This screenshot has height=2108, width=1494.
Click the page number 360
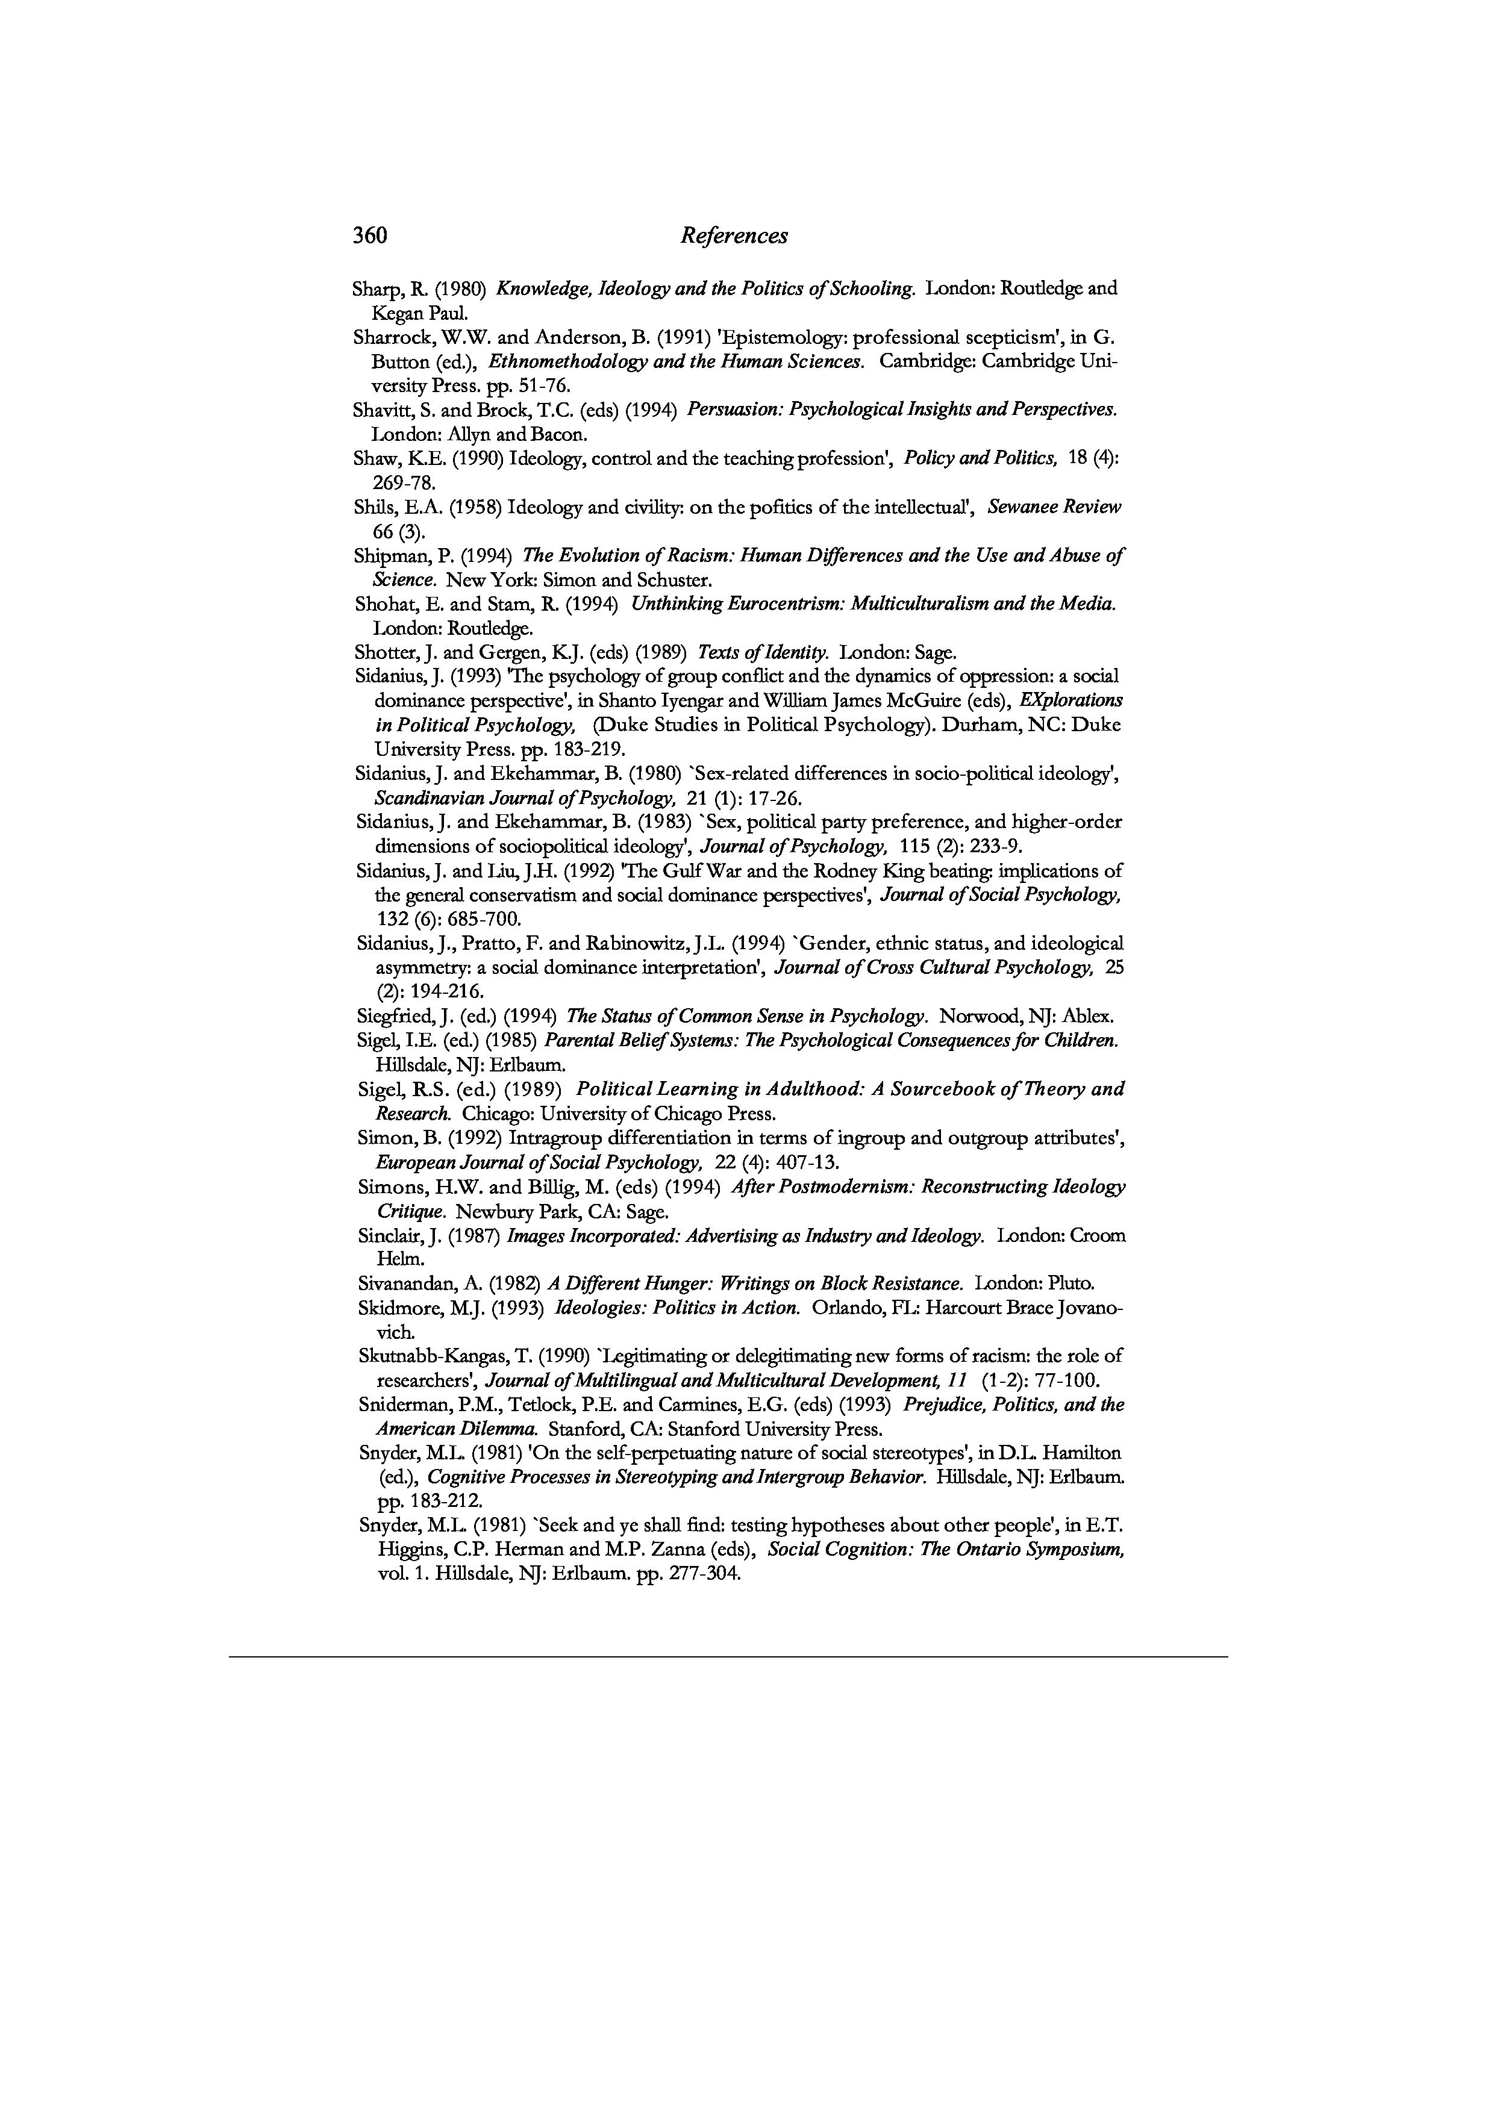[x=370, y=236]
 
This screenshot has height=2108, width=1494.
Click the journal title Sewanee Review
[x=1054, y=507]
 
